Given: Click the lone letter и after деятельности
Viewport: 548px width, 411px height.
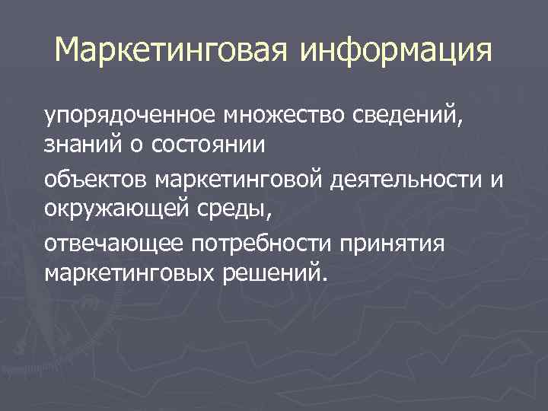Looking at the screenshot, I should (x=499, y=180).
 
